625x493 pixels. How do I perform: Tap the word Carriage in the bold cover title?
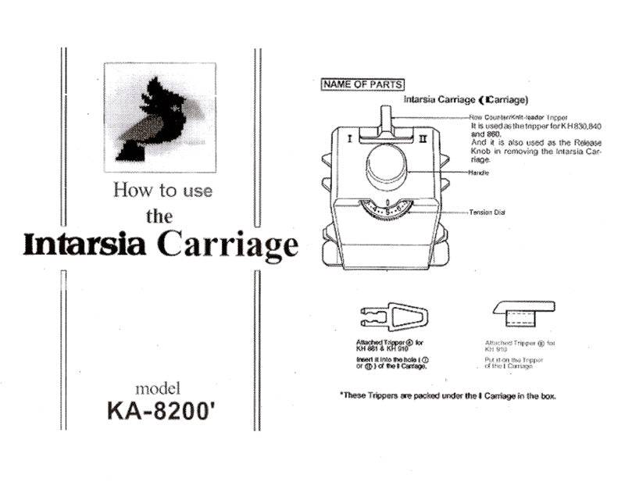point(228,245)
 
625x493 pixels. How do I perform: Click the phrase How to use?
point(162,189)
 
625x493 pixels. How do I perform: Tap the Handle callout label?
point(479,172)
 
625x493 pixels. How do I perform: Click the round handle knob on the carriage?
point(388,164)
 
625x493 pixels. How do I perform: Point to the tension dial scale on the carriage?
point(388,209)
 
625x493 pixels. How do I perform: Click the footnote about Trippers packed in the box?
point(448,395)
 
